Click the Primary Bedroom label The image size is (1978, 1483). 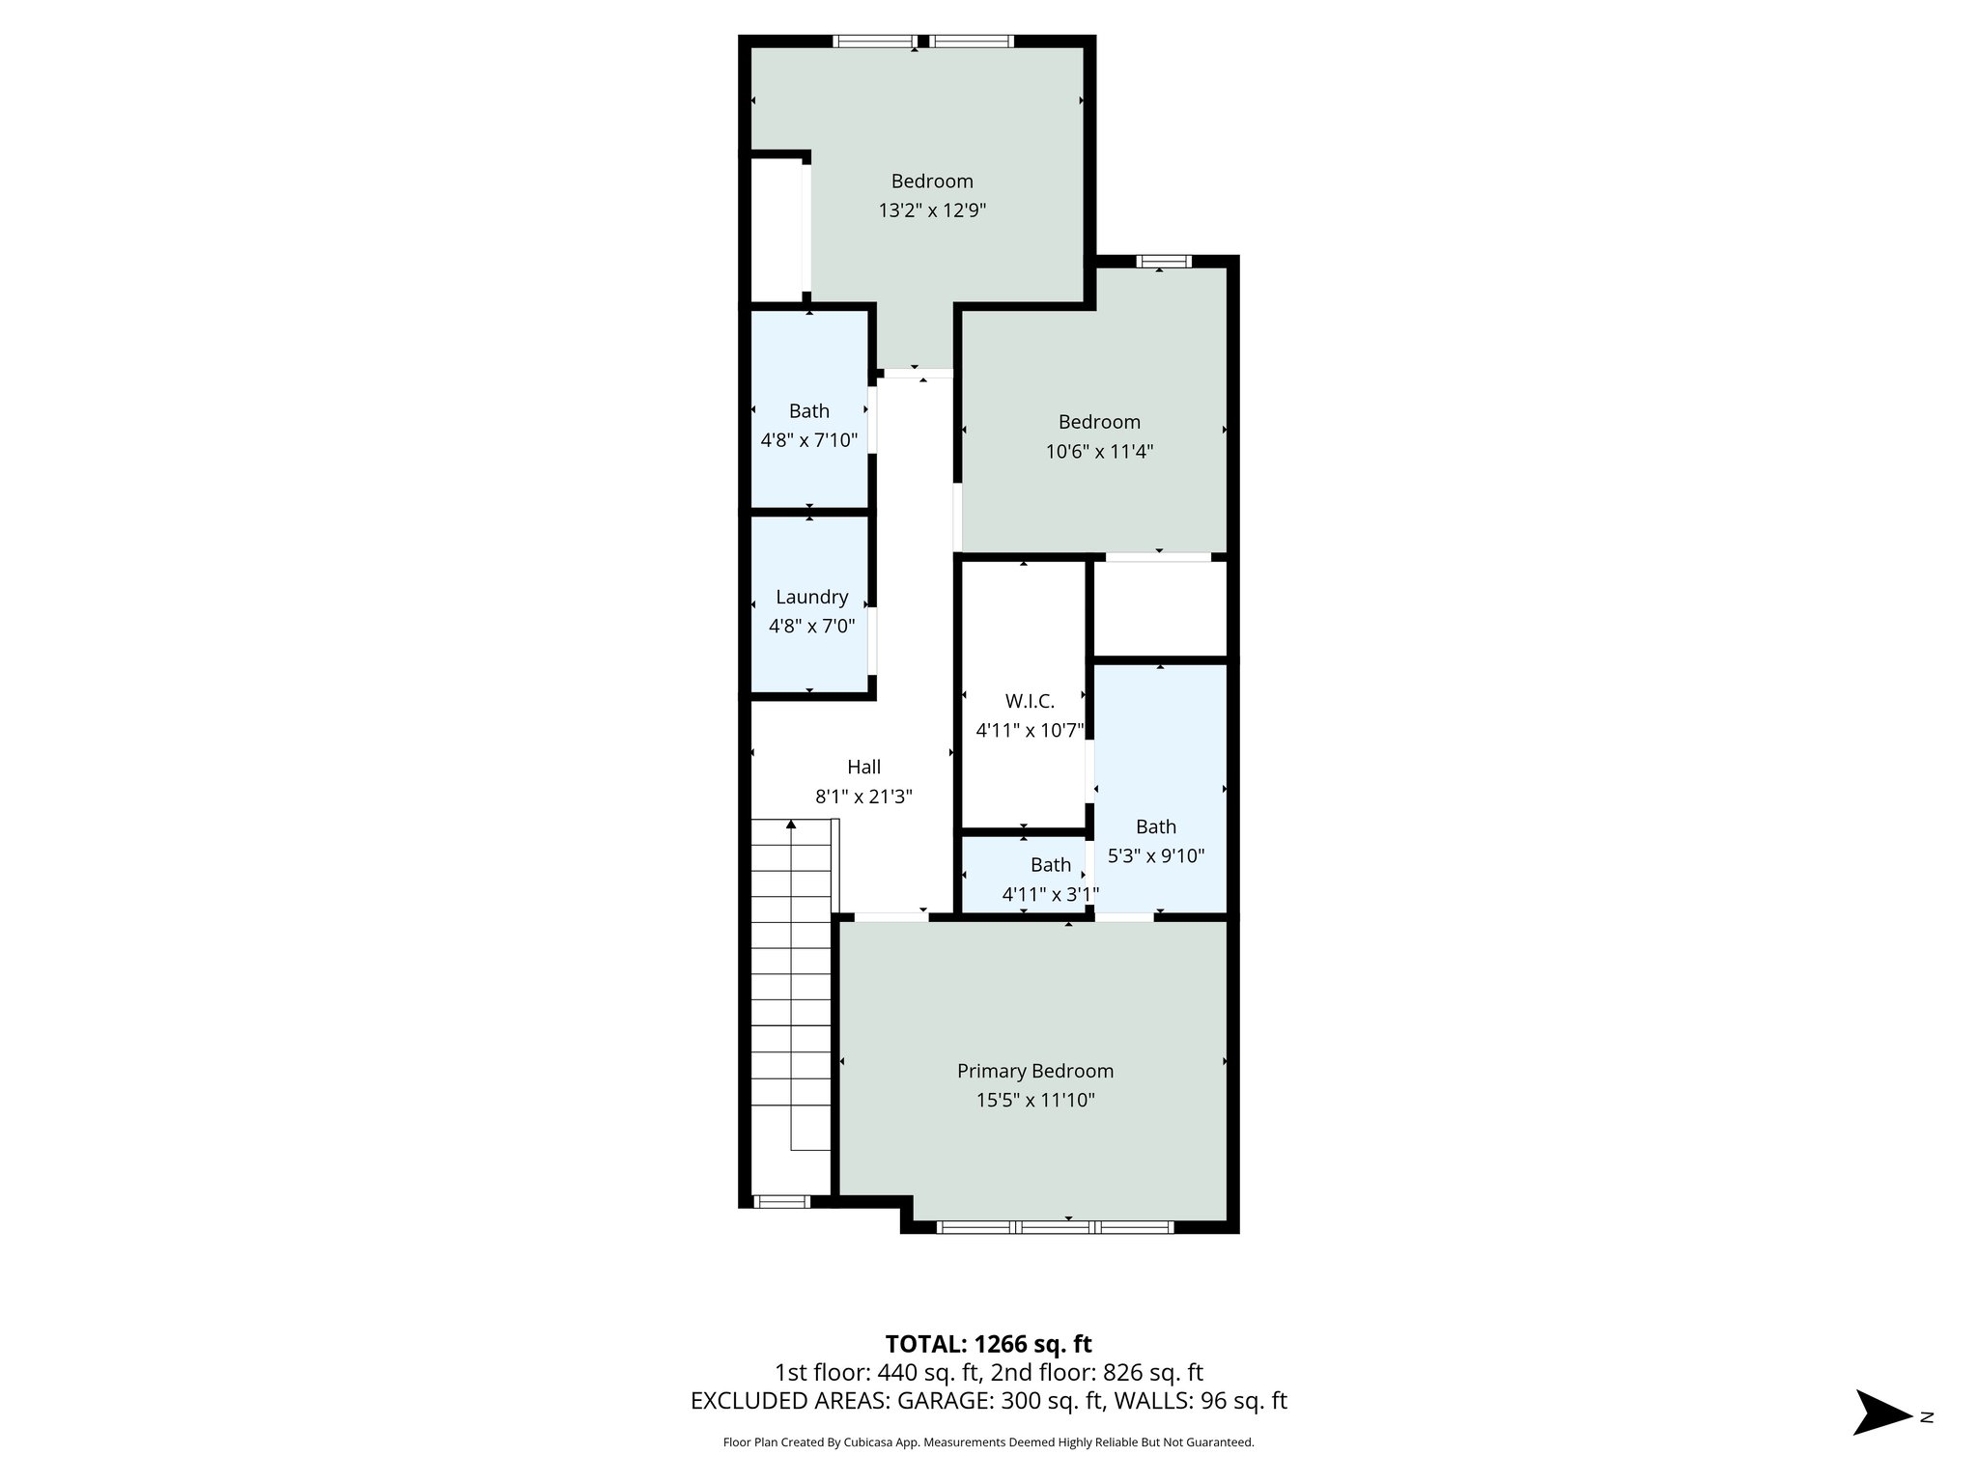(1034, 1071)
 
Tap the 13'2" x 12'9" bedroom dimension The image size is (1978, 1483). (932, 210)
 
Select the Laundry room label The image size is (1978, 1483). (811, 597)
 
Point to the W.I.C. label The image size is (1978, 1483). (1030, 701)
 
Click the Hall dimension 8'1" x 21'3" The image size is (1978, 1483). (863, 797)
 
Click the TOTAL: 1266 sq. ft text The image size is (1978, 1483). (988, 1344)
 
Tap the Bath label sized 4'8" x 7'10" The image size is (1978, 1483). (809, 411)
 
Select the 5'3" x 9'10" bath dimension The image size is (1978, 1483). (1155, 855)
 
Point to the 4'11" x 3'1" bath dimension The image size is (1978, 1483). (1050, 895)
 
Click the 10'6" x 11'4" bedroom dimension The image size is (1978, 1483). (1099, 451)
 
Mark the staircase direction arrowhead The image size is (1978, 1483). (791, 825)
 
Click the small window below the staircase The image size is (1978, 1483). (780, 1201)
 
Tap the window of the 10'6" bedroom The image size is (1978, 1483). (1163, 261)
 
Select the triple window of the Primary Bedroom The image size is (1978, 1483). (1055, 1227)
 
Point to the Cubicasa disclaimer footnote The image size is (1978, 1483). (988, 1442)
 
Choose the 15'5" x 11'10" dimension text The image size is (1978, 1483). (1034, 1100)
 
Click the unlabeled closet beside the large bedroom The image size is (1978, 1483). (777, 230)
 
